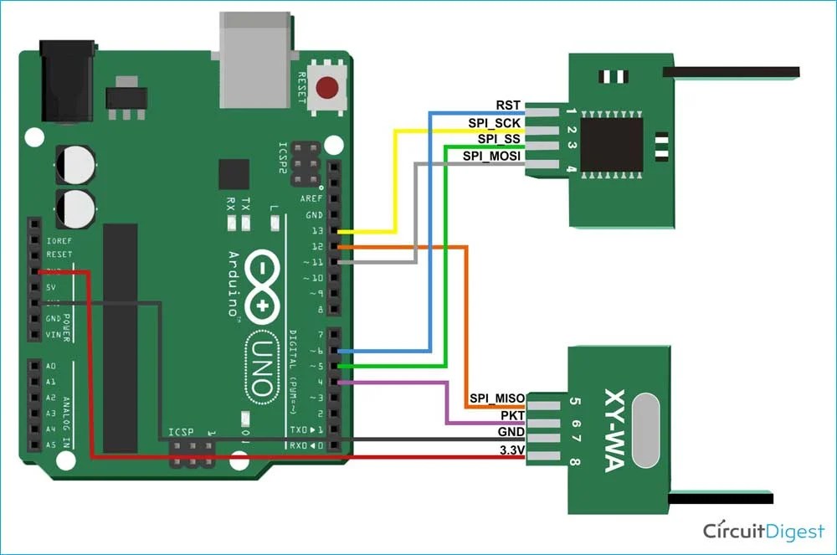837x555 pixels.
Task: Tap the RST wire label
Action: [x=507, y=105]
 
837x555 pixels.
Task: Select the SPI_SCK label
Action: [x=494, y=122]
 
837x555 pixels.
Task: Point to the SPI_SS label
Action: [x=498, y=139]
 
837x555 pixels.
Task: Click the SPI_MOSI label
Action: [x=491, y=156]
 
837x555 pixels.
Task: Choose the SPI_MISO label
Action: [x=496, y=398]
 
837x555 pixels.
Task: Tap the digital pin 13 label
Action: [x=316, y=231]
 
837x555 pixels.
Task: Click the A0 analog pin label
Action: [x=51, y=367]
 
